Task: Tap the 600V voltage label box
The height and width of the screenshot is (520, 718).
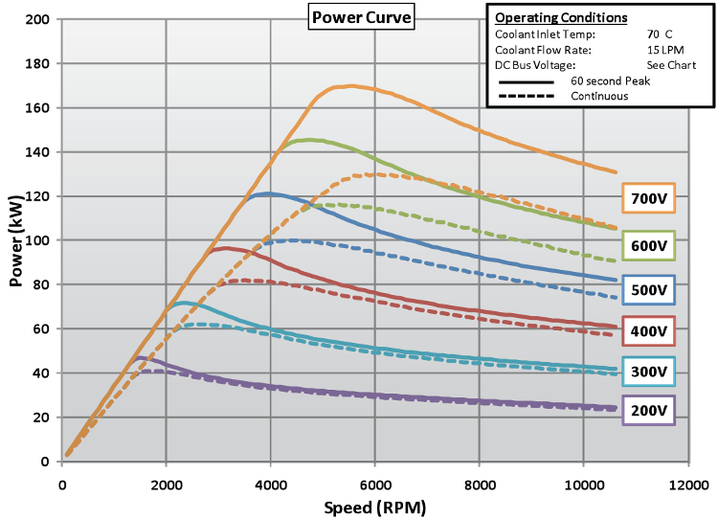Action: [648, 244]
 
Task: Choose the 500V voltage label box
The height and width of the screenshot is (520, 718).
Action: [648, 289]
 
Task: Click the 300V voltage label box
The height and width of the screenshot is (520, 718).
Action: [648, 372]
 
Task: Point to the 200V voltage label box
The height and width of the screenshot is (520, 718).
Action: [648, 411]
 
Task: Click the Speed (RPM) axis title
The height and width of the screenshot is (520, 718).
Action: [377, 507]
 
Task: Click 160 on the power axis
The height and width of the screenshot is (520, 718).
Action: [39, 107]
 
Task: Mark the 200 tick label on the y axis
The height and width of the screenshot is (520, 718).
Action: [39, 19]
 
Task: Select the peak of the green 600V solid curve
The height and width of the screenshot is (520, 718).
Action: [310, 140]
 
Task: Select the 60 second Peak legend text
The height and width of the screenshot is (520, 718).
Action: [611, 81]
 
